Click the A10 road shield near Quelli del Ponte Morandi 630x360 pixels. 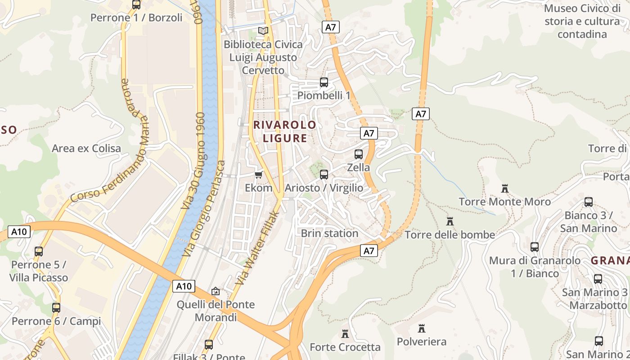coord(184,286)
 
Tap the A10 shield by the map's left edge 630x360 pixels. coord(19,232)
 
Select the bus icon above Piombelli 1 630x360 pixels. coord(324,82)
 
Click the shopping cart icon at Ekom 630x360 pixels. coord(259,175)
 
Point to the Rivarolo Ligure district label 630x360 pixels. coord(285,131)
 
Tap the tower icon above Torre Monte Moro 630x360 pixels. coord(505,189)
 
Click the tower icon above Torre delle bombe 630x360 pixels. coord(450,221)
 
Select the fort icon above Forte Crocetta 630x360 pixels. coord(345,334)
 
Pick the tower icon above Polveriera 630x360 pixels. coord(422,328)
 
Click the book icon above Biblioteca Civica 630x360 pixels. coord(263,31)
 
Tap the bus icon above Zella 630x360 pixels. coord(359,154)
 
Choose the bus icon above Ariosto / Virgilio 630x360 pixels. coord(324,175)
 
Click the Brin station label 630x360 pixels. coord(329,233)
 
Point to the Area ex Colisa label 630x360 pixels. coord(86,148)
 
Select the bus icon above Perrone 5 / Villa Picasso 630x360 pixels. coord(39,252)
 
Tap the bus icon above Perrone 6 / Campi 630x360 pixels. coord(56,308)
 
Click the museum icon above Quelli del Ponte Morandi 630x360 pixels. coord(216,292)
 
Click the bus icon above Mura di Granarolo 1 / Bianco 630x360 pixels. coord(535,247)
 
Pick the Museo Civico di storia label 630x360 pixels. coord(582,21)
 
